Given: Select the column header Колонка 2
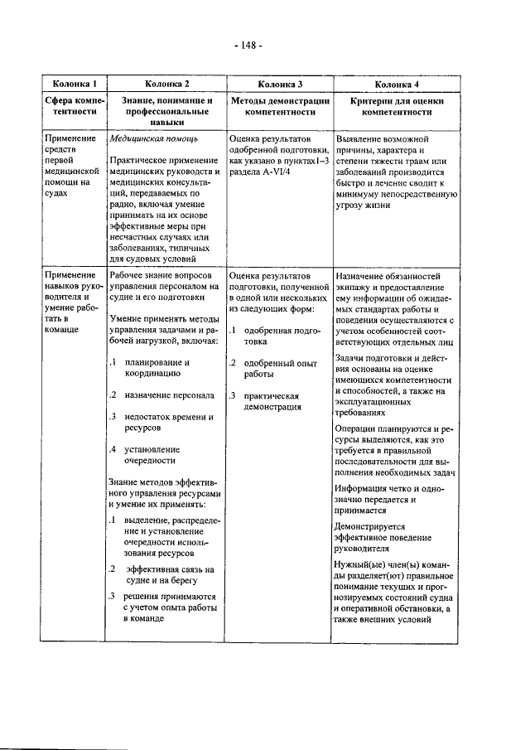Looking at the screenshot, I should [166, 84].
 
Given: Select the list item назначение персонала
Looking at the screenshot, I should [169, 395].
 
